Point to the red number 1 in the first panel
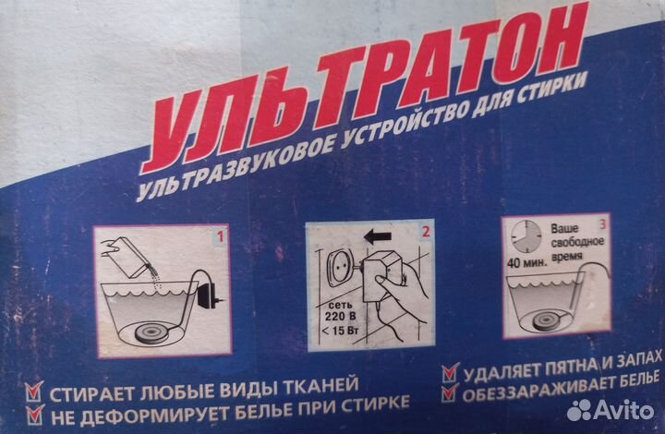(x=220, y=237)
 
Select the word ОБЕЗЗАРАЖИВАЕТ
(x=527, y=394)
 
